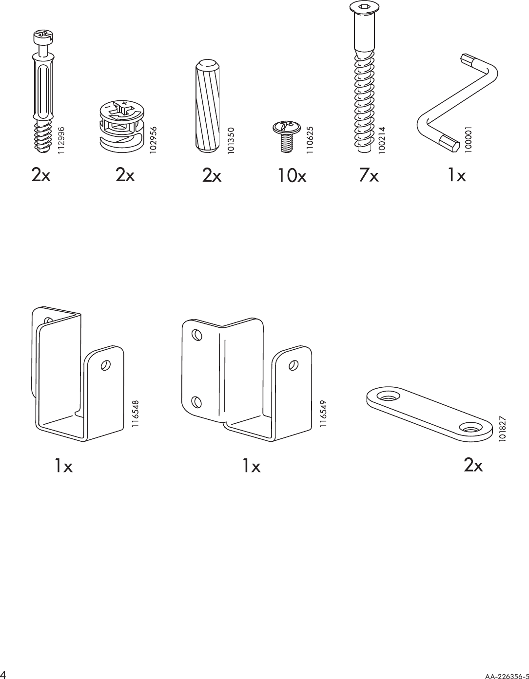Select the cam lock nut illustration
point(120,125)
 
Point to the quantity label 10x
point(292,175)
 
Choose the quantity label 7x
point(368,175)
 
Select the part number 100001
point(469,140)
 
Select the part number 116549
point(322,415)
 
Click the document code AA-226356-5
point(506,675)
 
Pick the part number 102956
point(153,140)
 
